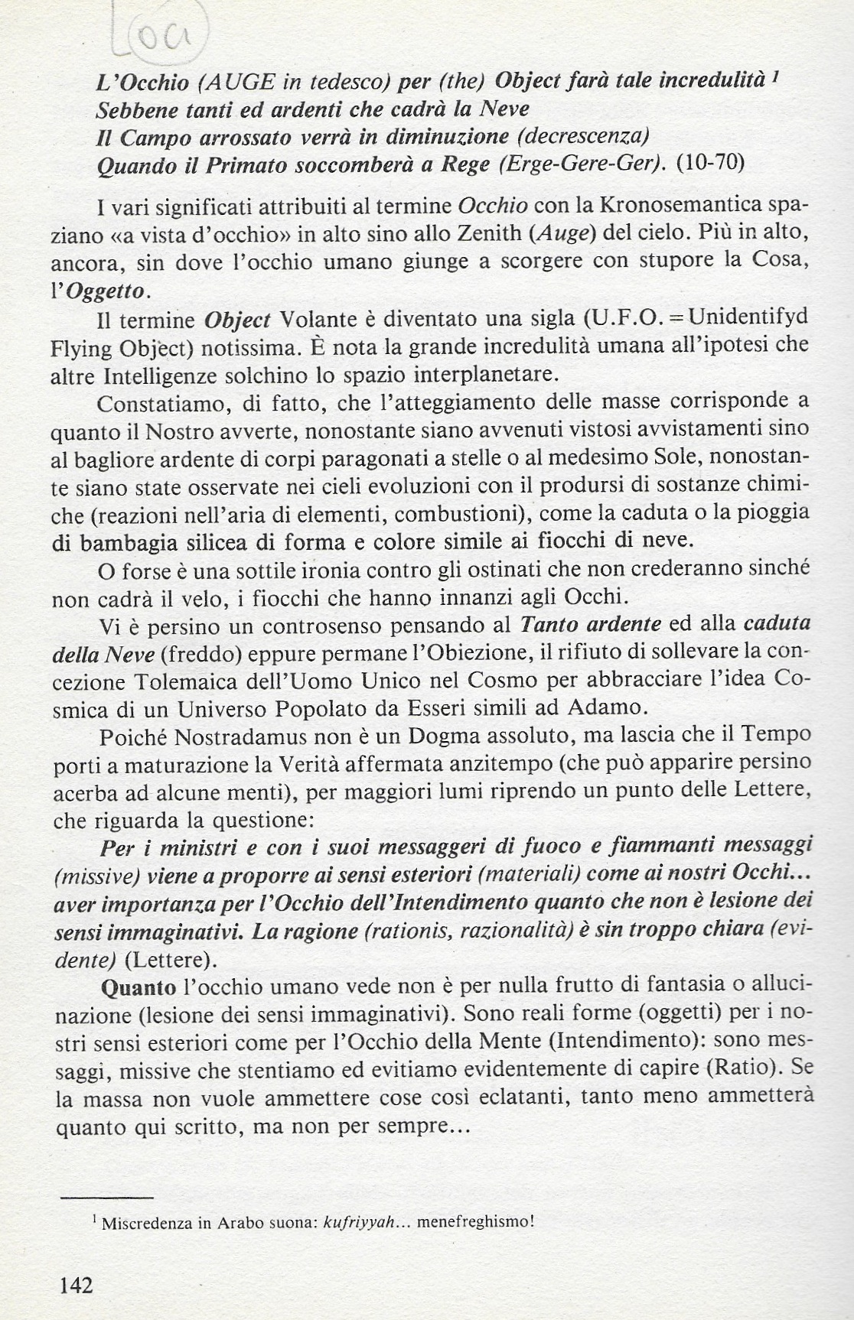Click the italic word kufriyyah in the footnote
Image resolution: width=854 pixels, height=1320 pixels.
tap(357, 1221)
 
